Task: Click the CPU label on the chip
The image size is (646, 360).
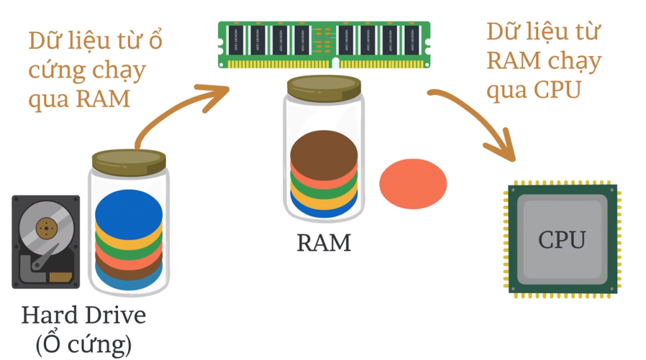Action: pyautogui.click(x=561, y=240)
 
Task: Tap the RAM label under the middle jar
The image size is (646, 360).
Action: pyautogui.click(x=324, y=243)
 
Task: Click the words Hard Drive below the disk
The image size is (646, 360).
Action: pyautogui.click(x=83, y=315)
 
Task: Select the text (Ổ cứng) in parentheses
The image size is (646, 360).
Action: pyautogui.click(x=83, y=344)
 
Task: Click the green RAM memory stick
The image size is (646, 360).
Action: pyautogui.click(x=324, y=45)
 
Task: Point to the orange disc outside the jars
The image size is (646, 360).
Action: pyautogui.click(x=413, y=184)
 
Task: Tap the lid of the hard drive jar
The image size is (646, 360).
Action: pyautogui.click(x=129, y=161)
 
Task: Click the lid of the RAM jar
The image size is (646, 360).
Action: pyautogui.click(x=324, y=88)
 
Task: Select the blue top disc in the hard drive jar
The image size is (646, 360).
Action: pyautogui.click(x=129, y=213)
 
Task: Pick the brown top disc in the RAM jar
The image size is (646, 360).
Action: pyautogui.click(x=324, y=149)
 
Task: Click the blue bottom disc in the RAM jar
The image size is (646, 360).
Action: pyautogui.click(x=324, y=210)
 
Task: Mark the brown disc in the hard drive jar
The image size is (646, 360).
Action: pyautogui.click(x=129, y=272)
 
